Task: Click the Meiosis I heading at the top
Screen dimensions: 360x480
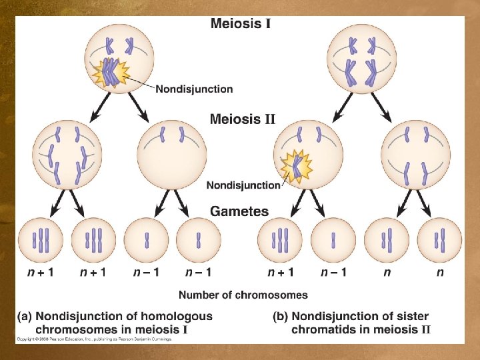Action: (x=240, y=24)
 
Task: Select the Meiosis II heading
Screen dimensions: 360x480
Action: (x=242, y=119)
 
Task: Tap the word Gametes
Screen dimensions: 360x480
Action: (x=239, y=211)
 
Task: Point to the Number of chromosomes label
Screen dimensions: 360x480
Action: (x=243, y=295)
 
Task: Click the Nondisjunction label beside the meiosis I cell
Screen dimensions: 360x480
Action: (x=194, y=88)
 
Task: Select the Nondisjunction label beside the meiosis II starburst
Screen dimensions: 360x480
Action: (x=243, y=185)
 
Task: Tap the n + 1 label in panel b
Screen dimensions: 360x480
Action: (x=281, y=272)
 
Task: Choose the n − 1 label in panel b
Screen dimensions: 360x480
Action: (x=333, y=272)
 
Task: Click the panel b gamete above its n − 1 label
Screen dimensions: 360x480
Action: (x=333, y=239)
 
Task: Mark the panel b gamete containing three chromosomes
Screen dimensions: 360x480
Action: (x=281, y=239)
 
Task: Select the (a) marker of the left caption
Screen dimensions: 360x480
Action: (x=25, y=316)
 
